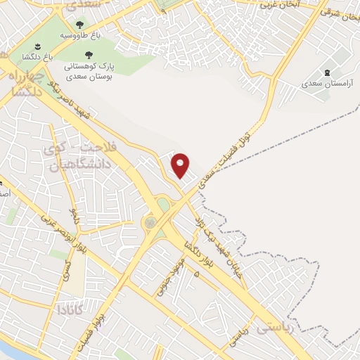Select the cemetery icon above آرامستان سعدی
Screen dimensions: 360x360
coord(327,72)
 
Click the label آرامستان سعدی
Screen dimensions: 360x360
coord(326,84)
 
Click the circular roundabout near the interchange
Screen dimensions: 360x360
coord(150,223)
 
